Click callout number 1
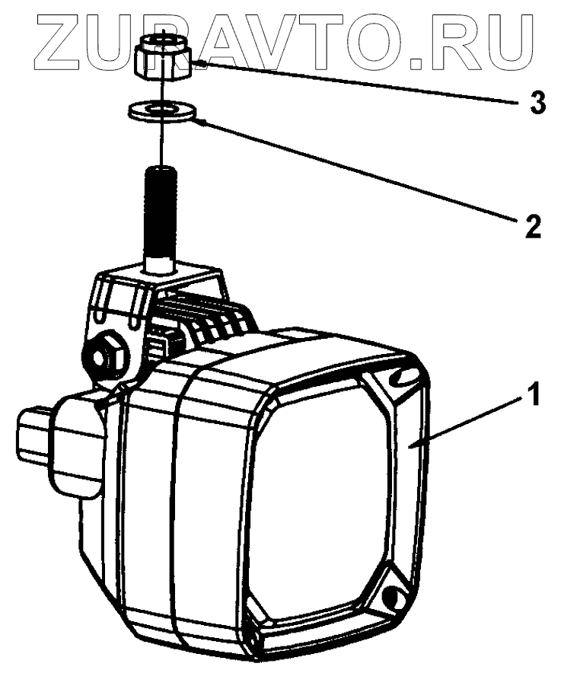tap(536, 395)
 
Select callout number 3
tap(537, 102)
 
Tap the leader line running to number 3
tap(358, 83)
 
